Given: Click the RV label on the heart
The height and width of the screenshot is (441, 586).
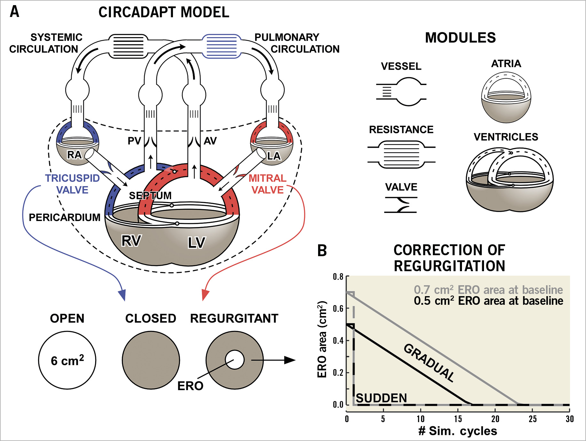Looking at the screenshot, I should pos(131,240).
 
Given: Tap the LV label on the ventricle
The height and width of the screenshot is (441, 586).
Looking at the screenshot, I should pos(196,242).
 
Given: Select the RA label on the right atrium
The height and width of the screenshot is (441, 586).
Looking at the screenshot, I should pos(74,155).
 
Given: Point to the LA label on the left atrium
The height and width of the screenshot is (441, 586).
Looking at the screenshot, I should pos(274,156).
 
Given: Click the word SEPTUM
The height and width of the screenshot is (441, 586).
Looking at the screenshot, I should pos(150,195).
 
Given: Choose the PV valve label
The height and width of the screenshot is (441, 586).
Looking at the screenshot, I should pos(134,141).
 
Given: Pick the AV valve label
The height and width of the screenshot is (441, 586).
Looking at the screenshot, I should pos(210,141).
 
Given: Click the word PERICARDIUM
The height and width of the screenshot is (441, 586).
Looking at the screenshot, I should pos(65,217).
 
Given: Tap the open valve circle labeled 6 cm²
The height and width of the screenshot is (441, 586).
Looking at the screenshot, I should pos(67,360).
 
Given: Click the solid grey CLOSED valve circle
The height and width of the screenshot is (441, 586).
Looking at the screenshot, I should pos(151,360).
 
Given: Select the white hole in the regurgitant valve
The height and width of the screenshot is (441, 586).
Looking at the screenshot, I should pos(235,360).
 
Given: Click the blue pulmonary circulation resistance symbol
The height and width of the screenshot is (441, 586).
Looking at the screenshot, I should pos(222,46).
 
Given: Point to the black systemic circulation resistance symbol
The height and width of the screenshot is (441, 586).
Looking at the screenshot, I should pos(128,46).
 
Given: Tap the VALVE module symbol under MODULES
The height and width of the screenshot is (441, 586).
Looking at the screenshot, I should pos(401,205).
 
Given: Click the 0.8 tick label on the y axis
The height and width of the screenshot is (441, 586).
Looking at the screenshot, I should pos(338,277).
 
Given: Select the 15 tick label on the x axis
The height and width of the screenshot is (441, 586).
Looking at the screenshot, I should pos(458,419).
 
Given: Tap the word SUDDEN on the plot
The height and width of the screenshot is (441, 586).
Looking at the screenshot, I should pos(381,398).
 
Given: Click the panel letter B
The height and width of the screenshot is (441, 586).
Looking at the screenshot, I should pos(322,251).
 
